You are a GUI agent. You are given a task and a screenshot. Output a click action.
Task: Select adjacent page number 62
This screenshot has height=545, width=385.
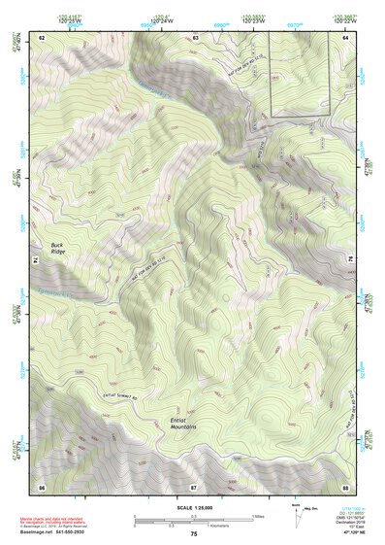click(x=42, y=37)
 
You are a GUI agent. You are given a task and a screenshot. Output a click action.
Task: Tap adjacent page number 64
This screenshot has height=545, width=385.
click(x=346, y=37)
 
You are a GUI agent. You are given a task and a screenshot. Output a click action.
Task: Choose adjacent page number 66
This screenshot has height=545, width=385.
click(x=42, y=485)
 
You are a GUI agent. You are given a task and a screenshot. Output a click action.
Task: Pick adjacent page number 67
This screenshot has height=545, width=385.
click(x=194, y=485)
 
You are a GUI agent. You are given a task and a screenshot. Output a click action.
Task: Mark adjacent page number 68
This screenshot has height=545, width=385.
click(x=346, y=485)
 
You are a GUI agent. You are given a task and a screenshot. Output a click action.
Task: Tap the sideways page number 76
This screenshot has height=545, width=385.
click(x=348, y=261)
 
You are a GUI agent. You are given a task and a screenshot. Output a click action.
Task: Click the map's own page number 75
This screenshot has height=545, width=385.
click(x=194, y=534)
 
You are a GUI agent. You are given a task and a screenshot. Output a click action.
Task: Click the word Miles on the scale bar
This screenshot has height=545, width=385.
click(x=259, y=516)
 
